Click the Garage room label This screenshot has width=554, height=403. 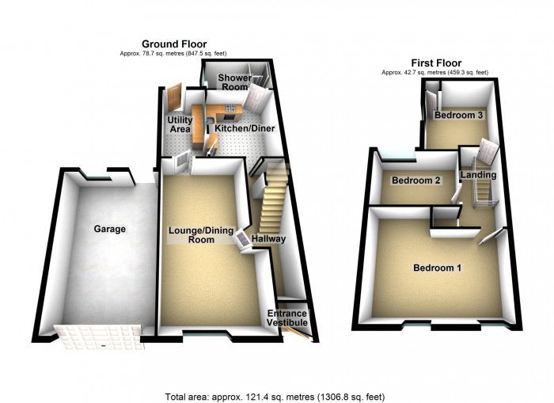(x=110, y=229)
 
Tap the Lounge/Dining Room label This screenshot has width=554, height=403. (x=201, y=234)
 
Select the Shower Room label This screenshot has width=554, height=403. (x=235, y=82)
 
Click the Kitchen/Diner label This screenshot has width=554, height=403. (x=234, y=127)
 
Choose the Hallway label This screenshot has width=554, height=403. (x=269, y=238)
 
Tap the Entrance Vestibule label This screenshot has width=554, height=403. (x=286, y=318)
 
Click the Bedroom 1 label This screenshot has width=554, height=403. (x=437, y=268)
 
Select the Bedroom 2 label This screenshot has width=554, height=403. (x=415, y=181)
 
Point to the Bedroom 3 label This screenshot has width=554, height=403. (x=459, y=116)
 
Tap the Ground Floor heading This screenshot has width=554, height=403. (x=174, y=44)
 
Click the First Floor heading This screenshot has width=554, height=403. (x=436, y=63)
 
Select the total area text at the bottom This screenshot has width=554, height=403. (x=275, y=396)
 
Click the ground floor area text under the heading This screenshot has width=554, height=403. (x=174, y=53)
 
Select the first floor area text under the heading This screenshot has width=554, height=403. (x=434, y=72)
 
